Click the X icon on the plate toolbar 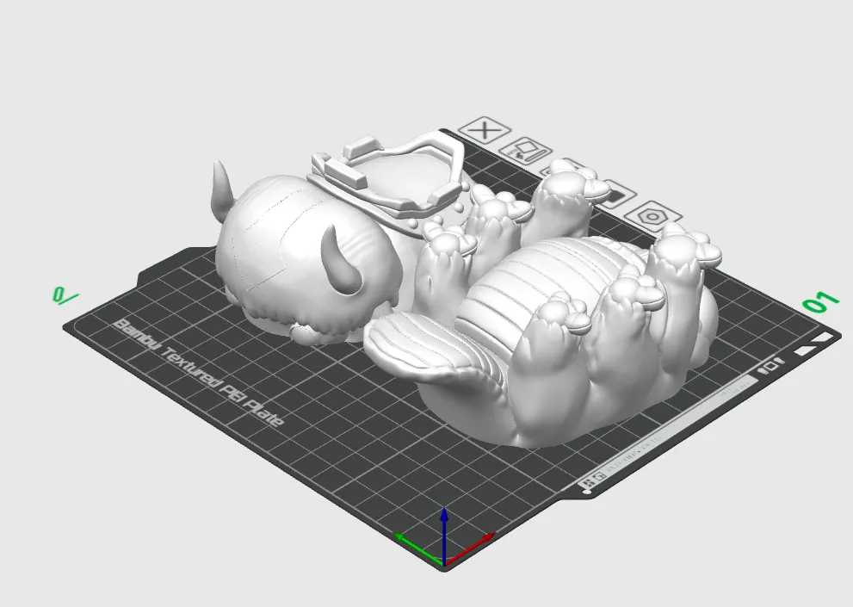(x=485, y=131)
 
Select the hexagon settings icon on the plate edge (x=653, y=215)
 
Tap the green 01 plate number (x=819, y=302)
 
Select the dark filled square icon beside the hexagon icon (x=613, y=194)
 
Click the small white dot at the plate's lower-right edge (x=587, y=492)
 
